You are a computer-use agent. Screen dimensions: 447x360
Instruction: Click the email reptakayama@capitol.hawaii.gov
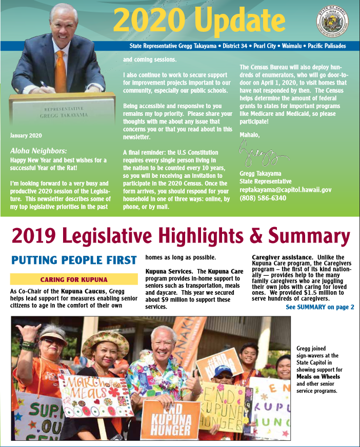286,189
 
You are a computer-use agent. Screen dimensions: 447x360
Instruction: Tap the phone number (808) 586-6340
263,197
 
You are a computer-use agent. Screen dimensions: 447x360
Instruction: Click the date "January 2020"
26,136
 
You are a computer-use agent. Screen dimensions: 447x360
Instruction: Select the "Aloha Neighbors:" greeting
38,151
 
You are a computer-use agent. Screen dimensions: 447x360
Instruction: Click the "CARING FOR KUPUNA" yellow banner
74,279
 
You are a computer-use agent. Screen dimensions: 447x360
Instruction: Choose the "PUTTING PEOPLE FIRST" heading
74,260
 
